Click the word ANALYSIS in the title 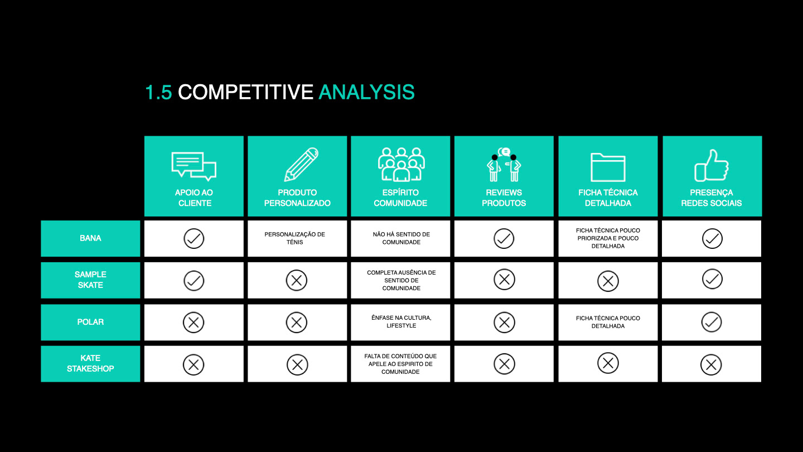[366, 92]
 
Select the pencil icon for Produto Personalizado [301, 164]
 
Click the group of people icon [401, 164]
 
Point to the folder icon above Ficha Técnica [608, 167]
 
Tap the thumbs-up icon [712, 165]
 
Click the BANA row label [90, 238]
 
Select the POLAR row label [90, 322]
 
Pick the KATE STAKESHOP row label [90, 363]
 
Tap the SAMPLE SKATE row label [90, 280]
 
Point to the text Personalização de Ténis [294, 238]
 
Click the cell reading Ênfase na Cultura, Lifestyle [401, 322]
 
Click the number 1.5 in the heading [158, 92]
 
